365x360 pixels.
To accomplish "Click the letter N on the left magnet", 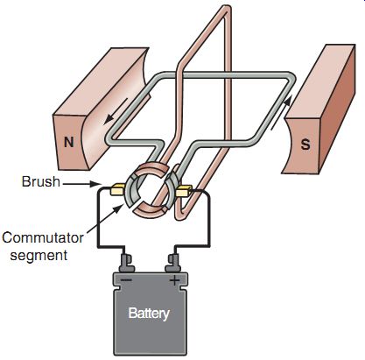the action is (x=69, y=143).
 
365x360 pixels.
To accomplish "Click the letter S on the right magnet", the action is (x=305, y=145).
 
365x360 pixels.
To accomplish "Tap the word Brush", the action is (x=41, y=182).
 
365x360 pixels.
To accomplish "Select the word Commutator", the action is (x=43, y=237).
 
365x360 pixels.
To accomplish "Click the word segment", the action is (x=39, y=255).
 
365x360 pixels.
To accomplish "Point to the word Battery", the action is (x=149, y=314).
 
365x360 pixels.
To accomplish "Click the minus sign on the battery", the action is (x=126, y=280).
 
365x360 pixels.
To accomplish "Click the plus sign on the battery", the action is (x=174, y=281).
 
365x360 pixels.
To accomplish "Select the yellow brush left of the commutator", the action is (x=117, y=189).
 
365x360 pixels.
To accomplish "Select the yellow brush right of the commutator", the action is (x=184, y=191).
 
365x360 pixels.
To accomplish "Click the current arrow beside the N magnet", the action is (x=116, y=109).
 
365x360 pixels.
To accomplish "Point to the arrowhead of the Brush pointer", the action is (x=98, y=184).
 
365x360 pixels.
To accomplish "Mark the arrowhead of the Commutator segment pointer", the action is (x=119, y=208).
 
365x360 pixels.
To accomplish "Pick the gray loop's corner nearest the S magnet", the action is (x=290, y=76).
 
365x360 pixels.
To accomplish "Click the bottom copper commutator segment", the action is (x=151, y=213).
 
